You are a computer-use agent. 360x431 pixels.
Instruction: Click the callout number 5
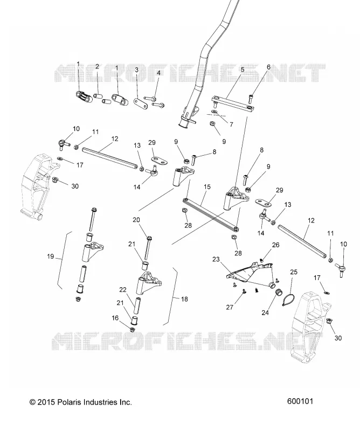[x=243, y=69]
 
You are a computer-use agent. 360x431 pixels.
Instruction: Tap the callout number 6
[x=269, y=67]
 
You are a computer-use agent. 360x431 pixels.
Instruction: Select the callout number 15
[x=207, y=187]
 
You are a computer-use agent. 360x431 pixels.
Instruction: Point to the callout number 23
[x=216, y=259]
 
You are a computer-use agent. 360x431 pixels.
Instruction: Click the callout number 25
[x=294, y=272]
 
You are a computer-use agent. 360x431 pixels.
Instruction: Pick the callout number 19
[x=50, y=256]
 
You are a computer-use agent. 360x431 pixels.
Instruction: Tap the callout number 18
[x=184, y=299]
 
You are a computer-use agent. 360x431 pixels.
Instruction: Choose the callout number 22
[x=123, y=289]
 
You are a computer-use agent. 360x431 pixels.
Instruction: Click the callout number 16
[x=115, y=318]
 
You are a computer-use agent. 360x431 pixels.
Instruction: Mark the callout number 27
[x=230, y=307]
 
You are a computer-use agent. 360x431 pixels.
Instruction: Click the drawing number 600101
[x=300, y=401]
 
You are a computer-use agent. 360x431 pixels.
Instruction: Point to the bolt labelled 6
[x=251, y=99]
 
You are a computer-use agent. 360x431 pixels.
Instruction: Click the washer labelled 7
[x=214, y=112]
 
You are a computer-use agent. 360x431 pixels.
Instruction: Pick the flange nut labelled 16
[x=132, y=329]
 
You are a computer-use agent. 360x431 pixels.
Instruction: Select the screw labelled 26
[x=261, y=259]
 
